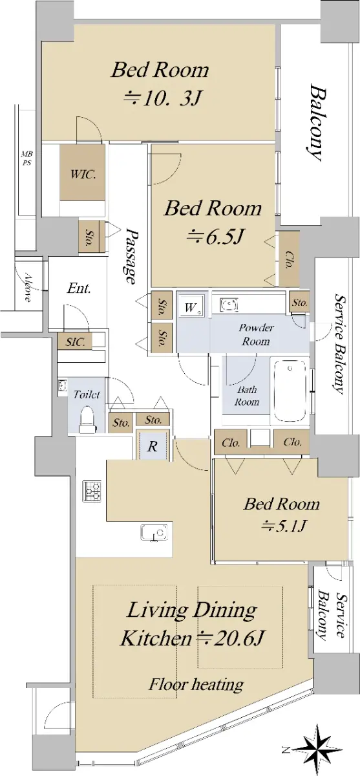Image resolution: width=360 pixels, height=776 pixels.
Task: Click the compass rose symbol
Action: (x=319, y=748)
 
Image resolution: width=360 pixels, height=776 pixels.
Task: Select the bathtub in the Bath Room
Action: (x=290, y=391)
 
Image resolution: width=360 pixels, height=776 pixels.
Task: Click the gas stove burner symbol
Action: (x=92, y=491)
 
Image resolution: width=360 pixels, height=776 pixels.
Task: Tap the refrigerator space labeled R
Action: (x=153, y=445)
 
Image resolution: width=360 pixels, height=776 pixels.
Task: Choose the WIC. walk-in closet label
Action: (x=83, y=174)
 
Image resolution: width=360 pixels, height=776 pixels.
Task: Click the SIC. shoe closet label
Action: (x=76, y=342)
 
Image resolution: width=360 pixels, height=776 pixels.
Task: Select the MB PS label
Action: (x=26, y=158)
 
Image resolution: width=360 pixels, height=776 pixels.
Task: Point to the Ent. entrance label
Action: (x=79, y=288)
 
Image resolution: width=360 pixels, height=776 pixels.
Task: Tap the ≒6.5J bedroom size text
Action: (x=216, y=237)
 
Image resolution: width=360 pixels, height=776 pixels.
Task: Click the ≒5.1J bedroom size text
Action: (x=284, y=527)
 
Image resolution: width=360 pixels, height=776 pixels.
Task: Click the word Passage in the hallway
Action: (x=130, y=255)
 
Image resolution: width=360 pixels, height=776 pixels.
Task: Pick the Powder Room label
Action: (x=256, y=334)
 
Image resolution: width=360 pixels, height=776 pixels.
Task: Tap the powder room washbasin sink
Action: (x=229, y=305)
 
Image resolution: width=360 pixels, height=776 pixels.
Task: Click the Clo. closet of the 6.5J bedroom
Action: (x=289, y=259)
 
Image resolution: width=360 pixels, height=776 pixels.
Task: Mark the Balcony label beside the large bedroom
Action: (x=318, y=123)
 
